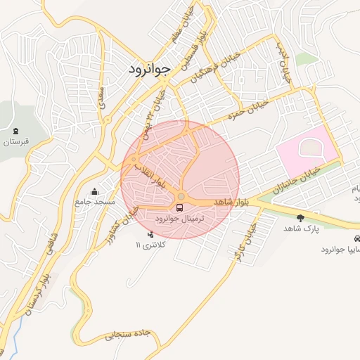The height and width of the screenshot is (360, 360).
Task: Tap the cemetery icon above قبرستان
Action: coord(16,131)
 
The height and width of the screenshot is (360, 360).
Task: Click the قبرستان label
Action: coord(16,142)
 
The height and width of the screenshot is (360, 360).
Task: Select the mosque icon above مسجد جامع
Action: coord(95,192)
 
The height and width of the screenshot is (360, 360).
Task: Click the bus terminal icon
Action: coord(180,208)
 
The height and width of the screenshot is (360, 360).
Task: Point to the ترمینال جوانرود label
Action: coord(179,219)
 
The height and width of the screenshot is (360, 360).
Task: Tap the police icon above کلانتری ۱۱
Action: coord(150,234)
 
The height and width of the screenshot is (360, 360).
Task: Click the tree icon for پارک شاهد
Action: coord(301,218)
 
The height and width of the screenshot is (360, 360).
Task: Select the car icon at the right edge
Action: coord(356,239)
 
